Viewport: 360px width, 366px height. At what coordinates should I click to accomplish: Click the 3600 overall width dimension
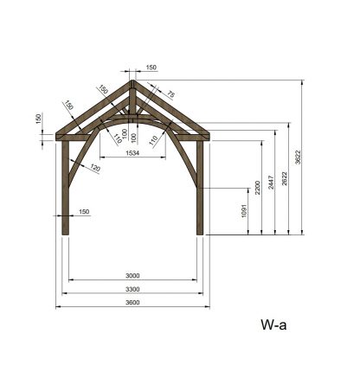coord(132,302)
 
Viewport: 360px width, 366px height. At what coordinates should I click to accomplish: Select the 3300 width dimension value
coord(132,289)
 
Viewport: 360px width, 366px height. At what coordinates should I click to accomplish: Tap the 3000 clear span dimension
coord(132,276)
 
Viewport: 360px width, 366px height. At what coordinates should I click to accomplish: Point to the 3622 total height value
coord(298,157)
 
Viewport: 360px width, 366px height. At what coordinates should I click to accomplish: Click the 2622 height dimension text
coord(285,178)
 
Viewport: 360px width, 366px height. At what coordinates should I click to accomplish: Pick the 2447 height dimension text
coord(271,183)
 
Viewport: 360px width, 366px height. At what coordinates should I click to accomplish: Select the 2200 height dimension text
coord(258,188)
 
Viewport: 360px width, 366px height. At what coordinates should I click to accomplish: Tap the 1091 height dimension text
coord(244,211)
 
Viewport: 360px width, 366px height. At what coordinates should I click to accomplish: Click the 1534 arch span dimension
coord(132,153)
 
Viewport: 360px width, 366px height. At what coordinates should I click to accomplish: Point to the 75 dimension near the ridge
coord(170,94)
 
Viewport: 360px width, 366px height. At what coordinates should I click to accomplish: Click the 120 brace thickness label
coord(95,168)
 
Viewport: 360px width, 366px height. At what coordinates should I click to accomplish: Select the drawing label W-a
coord(273,324)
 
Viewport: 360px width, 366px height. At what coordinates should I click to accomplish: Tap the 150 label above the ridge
coord(151,67)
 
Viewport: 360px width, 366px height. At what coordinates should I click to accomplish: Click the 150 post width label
coord(84,212)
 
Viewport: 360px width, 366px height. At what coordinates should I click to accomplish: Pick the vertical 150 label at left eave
coord(39,119)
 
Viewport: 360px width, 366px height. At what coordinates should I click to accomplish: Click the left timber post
coord(66,188)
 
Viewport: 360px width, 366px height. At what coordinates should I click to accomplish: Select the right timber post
coord(200,188)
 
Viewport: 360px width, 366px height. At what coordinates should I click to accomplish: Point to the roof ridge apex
coord(132,80)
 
